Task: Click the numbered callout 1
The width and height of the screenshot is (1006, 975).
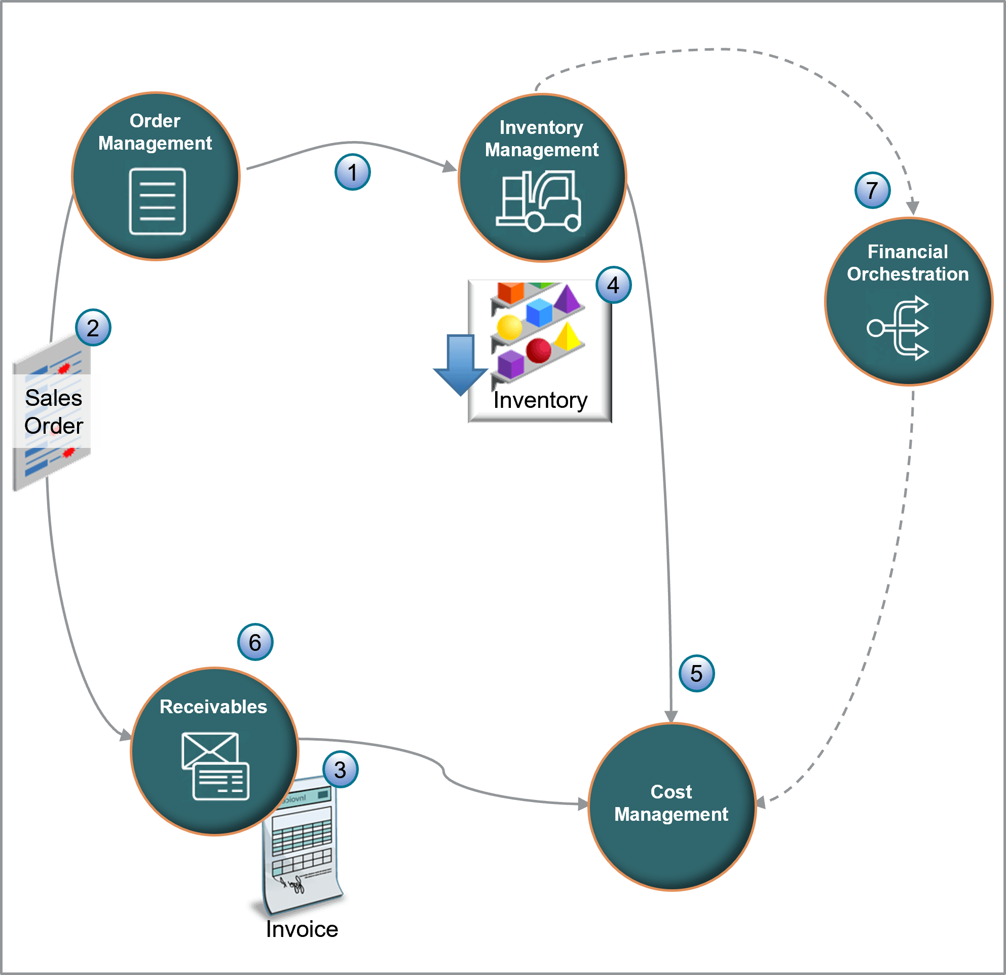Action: pyautogui.click(x=352, y=172)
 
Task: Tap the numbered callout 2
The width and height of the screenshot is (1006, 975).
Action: pyautogui.click(x=93, y=328)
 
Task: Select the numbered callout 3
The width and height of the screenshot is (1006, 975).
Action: pyautogui.click(x=340, y=770)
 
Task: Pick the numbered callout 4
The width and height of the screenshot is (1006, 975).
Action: pyautogui.click(x=613, y=285)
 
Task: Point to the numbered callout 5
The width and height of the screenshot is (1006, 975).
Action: pyautogui.click(x=696, y=674)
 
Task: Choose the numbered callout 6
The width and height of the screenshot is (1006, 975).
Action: pyautogui.click(x=255, y=642)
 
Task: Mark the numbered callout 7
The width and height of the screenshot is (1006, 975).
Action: pyautogui.click(x=872, y=191)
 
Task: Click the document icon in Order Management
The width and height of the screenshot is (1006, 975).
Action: pyautogui.click(x=157, y=201)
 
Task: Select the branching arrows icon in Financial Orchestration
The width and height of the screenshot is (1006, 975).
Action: pyautogui.click(x=898, y=328)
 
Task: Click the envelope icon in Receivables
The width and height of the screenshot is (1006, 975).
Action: pyautogui.click(x=215, y=765)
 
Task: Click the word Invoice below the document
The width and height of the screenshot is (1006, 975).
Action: pyautogui.click(x=302, y=929)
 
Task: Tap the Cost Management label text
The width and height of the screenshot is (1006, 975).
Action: pyautogui.click(x=671, y=803)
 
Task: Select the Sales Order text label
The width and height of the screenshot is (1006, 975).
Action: pyautogui.click(x=54, y=411)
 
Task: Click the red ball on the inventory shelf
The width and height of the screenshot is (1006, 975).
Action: pyautogui.click(x=538, y=351)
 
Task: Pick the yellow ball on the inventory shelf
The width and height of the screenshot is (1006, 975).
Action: pyautogui.click(x=509, y=327)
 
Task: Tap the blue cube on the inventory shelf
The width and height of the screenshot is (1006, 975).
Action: pyautogui.click(x=539, y=313)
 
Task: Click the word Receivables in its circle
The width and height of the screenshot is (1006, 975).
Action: pyautogui.click(x=213, y=706)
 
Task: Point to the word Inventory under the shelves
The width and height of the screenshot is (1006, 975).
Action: pyautogui.click(x=540, y=400)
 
